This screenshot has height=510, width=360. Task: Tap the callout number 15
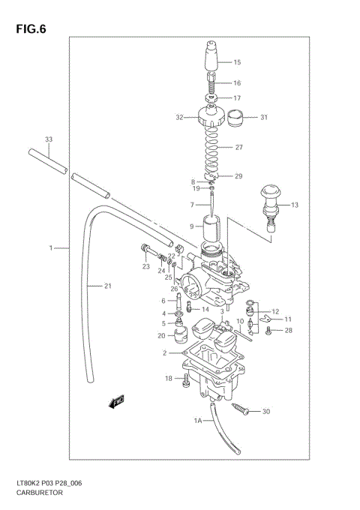coord(237,62)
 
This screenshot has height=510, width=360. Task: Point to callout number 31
coord(263,117)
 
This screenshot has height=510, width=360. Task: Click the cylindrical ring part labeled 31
coord(238,117)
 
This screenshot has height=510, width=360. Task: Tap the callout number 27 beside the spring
coord(239,147)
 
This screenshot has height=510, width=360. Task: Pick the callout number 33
coord(48,139)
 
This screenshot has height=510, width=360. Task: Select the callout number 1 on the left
coord(52,247)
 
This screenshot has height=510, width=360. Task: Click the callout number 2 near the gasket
coord(163,352)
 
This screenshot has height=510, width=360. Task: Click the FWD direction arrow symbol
coord(116,403)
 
